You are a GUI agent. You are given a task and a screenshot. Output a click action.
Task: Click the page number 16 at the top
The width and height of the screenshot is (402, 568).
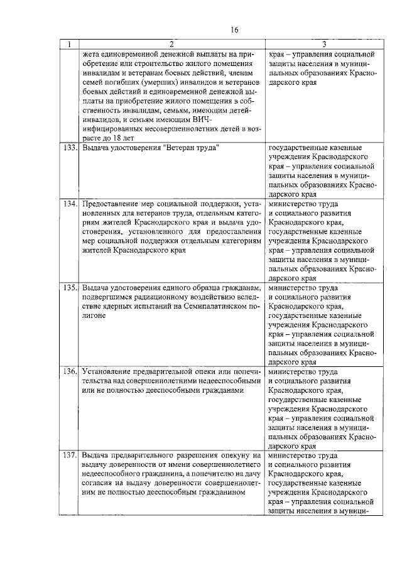[x=235, y=30]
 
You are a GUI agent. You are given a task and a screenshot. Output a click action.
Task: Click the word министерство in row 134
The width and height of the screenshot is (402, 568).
[x=294, y=204]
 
